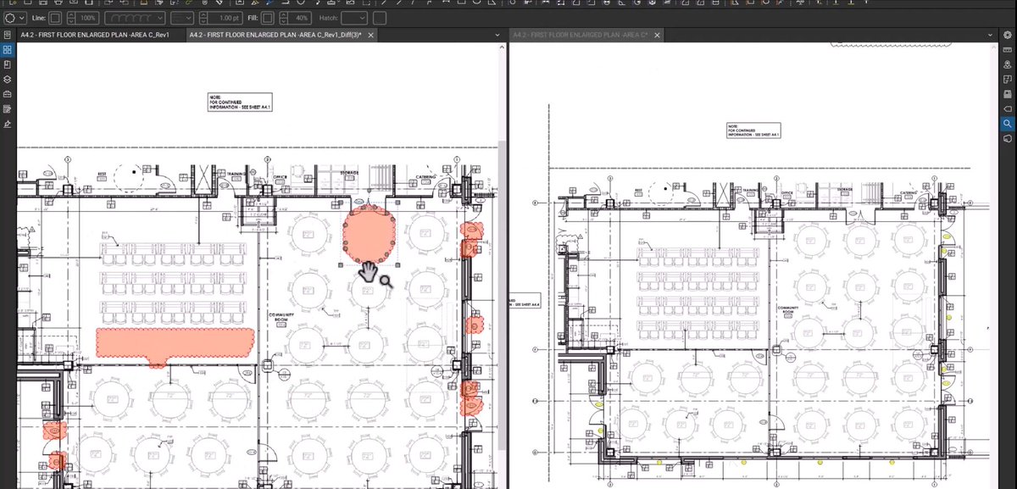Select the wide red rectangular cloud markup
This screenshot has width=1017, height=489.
point(175,341)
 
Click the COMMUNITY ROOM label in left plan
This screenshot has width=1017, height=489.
point(281,318)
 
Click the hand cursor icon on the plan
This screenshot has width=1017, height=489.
point(370,272)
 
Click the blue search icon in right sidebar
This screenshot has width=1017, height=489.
point(1008,124)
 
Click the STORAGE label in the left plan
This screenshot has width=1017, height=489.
point(349,174)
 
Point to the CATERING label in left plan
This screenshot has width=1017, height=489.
point(425,177)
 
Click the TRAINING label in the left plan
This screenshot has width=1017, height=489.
point(236,174)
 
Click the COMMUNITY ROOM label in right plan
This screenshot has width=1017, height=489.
point(786,310)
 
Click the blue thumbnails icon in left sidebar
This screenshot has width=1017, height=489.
point(8,50)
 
